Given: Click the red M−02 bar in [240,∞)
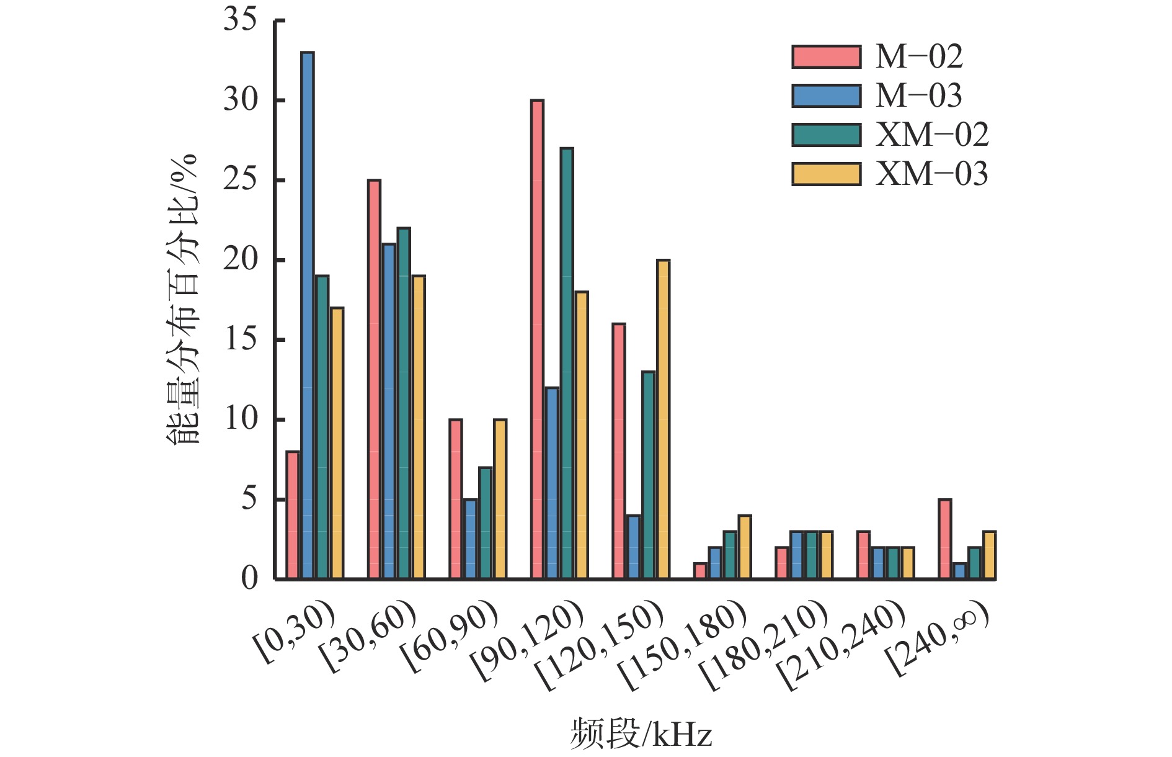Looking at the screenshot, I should coord(944,539).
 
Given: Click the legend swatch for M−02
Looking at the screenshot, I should coord(826,57).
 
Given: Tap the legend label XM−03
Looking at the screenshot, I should coord(931,174).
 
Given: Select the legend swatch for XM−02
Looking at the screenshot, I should coord(826,135).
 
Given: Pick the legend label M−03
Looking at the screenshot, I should coord(918,96).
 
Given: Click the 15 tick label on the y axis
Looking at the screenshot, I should coord(240,339).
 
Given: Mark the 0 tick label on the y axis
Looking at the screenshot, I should coord(249,579).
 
